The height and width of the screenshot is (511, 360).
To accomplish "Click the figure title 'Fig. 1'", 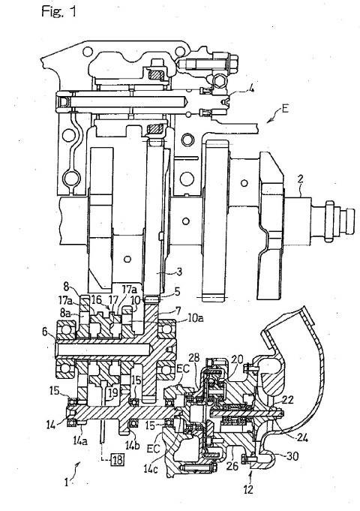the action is click(x=58, y=12).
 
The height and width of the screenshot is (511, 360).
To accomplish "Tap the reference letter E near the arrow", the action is click(x=285, y=109).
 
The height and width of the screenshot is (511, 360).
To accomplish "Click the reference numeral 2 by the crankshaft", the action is click(x=301, y=179).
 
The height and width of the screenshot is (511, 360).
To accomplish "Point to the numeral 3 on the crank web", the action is click(x=178, y=272).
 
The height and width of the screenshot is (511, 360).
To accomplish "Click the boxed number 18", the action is click(x=117, y=460).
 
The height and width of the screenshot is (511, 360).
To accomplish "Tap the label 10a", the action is click(x=196, y=317).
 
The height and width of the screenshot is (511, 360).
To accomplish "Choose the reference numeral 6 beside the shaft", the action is click(x=46, y=332).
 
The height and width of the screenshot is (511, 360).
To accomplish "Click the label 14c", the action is click(x=151, y=468).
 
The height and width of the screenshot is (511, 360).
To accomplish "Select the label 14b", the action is click(x=133, y=444).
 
